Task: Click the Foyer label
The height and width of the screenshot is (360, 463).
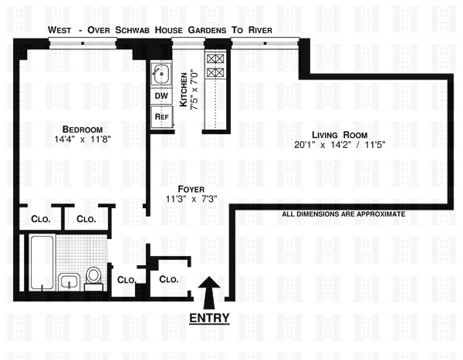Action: click(x=191, y=188)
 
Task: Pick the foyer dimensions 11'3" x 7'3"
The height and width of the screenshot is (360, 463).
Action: click(x=191, y=199)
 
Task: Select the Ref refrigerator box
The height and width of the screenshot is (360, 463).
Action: click(x=162, y=116)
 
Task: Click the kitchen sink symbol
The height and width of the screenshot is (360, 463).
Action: click(x=161, y=75)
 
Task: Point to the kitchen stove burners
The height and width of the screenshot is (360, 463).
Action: click(x=215, y=66)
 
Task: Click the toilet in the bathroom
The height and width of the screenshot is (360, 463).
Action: click(x=93, y=275)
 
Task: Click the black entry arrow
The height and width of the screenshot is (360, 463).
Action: click(x=208, y=292)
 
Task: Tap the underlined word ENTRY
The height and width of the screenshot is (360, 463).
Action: click(x=208, y=318)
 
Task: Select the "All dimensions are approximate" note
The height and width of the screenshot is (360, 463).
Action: click(x=343, y=214)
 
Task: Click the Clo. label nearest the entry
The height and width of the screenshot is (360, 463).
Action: click(x=169, y=280)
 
